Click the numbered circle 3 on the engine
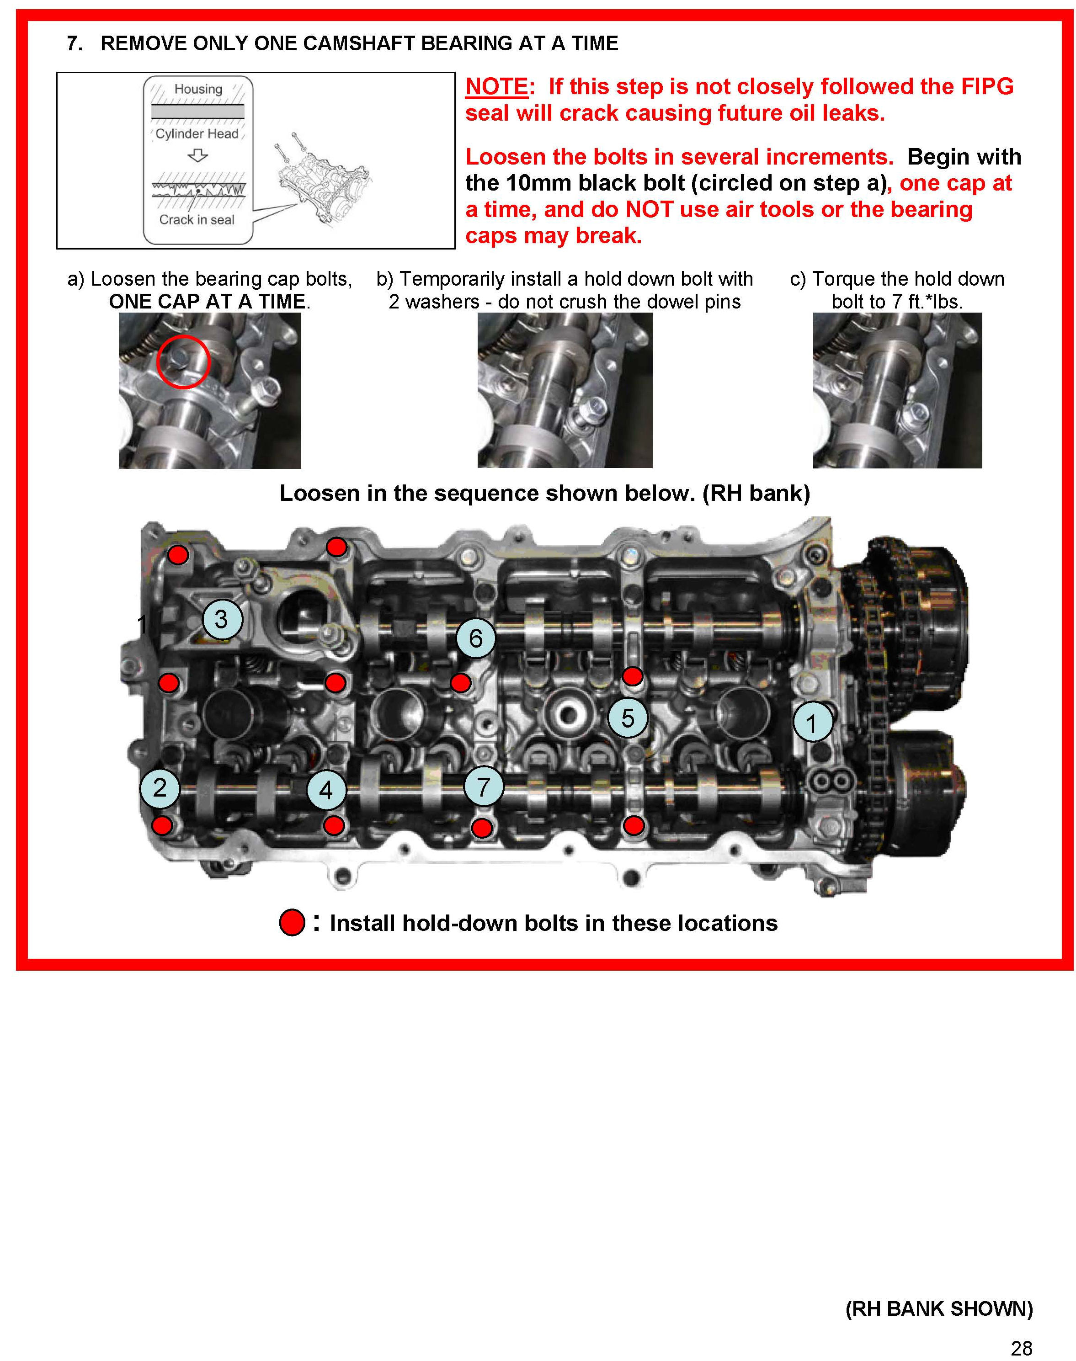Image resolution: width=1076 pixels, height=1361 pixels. coord(222,619)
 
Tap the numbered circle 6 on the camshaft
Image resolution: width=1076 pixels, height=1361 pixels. coord(476,638)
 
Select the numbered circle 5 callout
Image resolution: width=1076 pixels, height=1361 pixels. coord(628,718)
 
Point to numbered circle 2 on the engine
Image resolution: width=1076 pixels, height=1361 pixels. coord(160,788)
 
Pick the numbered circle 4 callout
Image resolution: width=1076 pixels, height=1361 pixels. coord(326,790)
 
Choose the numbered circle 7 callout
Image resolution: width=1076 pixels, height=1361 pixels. coord(483,787)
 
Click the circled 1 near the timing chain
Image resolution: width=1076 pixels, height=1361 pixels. coord(812,723)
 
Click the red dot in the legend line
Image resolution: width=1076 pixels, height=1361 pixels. coord(292,923)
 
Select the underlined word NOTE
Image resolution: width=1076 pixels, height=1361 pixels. coord(496,87)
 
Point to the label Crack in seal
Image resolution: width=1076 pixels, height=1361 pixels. coord(197,220)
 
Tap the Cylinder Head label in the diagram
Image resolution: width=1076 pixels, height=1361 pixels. coord(197,133)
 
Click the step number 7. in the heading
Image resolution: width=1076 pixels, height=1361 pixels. coord(75,43)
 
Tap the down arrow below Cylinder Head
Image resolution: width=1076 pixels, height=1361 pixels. coord(198,155)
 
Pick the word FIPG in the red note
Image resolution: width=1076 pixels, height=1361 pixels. coord(987,87)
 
